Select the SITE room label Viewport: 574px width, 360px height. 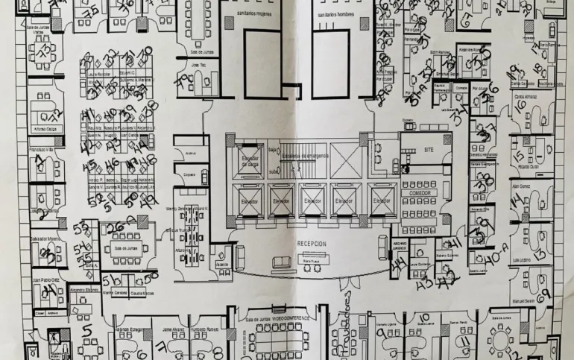click(x=428, y=149)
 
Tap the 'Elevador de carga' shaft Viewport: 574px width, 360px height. click(x=248, y=162)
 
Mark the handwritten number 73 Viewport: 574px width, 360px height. click(x=47, y=50)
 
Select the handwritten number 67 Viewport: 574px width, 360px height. click(x=467, y=19)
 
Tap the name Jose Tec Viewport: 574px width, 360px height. click(x=198, y=66)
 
